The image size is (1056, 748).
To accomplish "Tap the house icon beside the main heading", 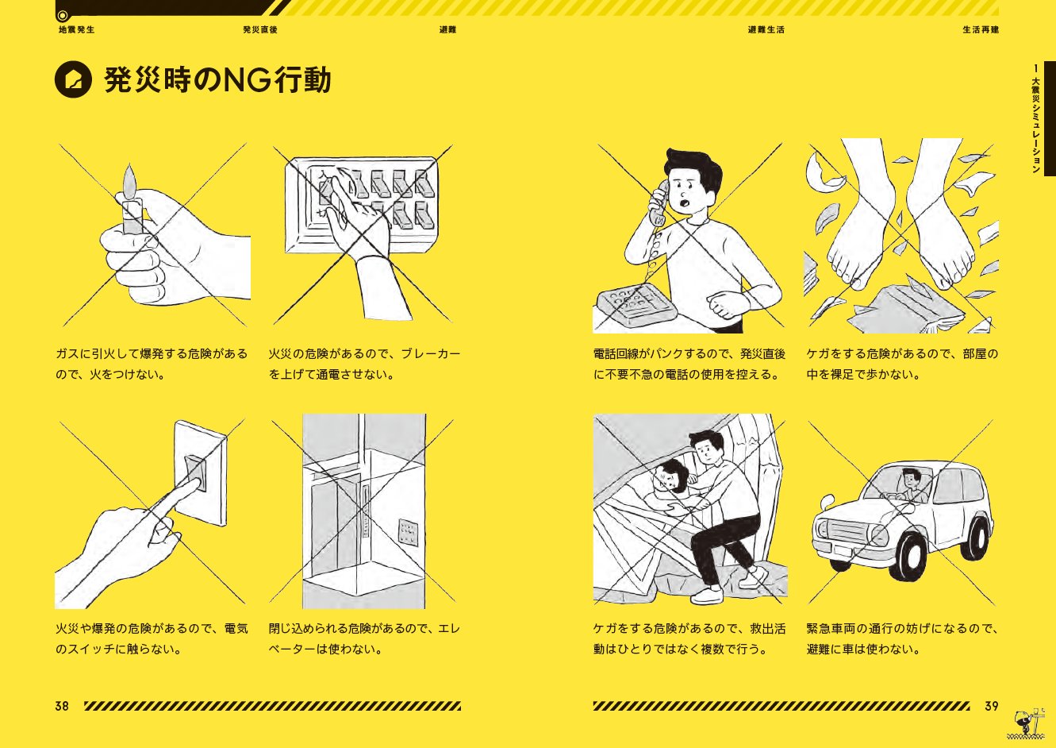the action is click(x=73, y=79).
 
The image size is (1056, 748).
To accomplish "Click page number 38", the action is click(x=62, y=706).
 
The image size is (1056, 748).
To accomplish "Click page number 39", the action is click(x=992, y=706).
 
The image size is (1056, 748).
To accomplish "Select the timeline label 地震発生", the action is click(x=76, y=29).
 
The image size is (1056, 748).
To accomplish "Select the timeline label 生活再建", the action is click(x=981, y=29).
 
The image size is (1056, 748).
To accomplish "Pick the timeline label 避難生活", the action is click(x=766, y=29).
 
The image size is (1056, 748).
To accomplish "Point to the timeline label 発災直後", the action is click(x=260, y=29).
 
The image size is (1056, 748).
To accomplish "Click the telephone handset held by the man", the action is click(x=657, y=203).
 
